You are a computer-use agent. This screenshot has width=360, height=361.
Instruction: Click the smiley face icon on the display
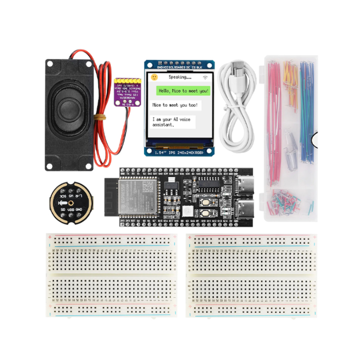click(154, 77)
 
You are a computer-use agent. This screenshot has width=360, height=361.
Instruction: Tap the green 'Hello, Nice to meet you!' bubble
click(183, 91)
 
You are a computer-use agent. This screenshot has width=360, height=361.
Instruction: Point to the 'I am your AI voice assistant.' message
click(172, 122)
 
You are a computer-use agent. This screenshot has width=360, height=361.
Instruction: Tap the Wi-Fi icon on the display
click(204, 77)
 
